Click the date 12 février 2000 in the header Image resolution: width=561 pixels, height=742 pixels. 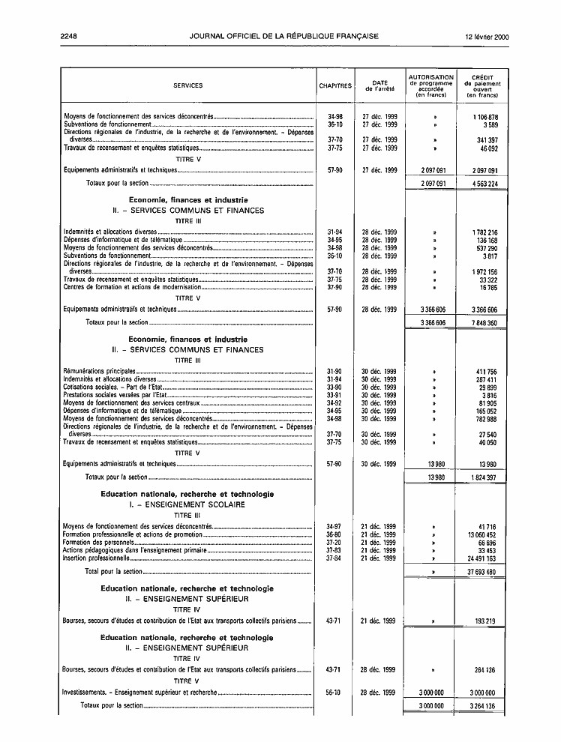point(487,36)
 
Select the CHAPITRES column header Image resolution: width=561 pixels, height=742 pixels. point(335,85)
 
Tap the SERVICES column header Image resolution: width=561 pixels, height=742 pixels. point(188,85)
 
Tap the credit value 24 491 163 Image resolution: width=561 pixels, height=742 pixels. point(482,558)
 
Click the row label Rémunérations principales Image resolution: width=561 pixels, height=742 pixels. point(100,371)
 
